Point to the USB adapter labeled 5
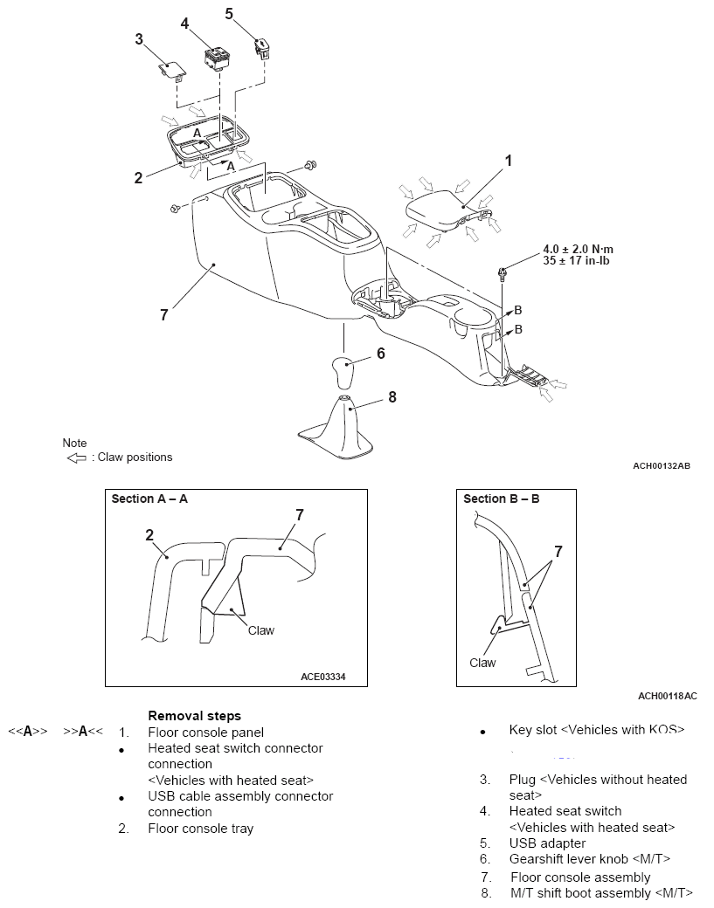pos(260,45)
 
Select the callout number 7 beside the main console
pos(163,315)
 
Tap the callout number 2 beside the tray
pos(138,178)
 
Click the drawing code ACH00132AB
pos(662,466)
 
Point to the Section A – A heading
pos(149,499)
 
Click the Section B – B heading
pos(501,499)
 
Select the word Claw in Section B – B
pos(482,663)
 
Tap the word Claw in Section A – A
pos(260,629)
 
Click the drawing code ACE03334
pos(322,676)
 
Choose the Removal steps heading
pos(194,715)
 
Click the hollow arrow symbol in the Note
pos(77,457)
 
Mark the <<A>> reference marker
pos(27,732)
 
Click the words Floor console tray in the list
pos(200,828)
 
